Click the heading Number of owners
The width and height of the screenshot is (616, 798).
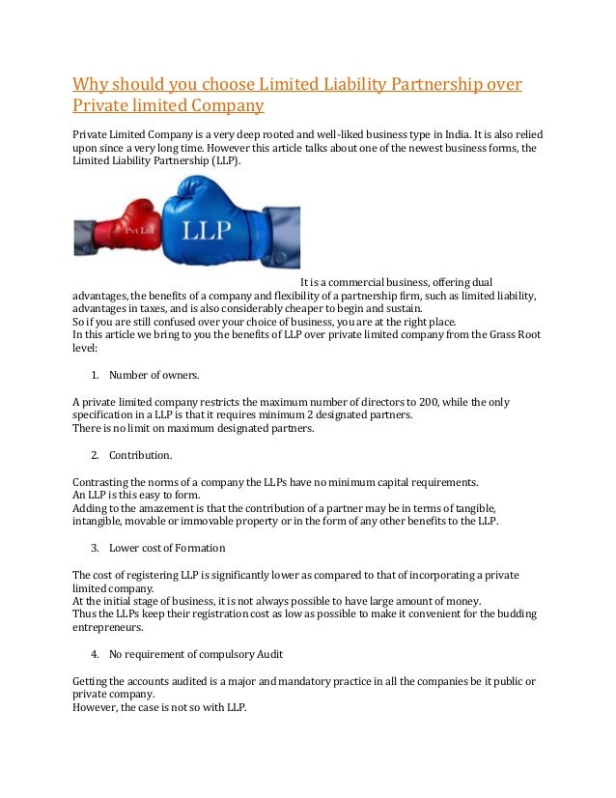[154, 374]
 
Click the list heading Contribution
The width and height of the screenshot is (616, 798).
[141, 454]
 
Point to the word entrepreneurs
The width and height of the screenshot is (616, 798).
[111, 628]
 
